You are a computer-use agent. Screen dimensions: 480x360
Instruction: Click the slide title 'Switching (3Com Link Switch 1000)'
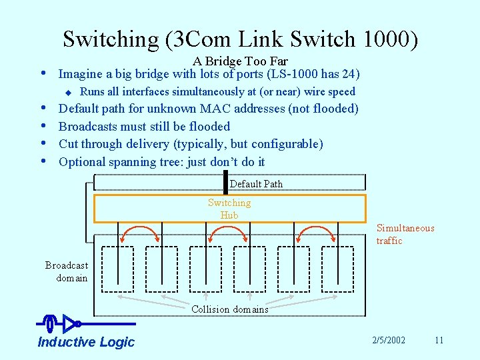pos(240,39)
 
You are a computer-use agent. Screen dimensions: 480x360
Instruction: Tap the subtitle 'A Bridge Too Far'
pos(240,61)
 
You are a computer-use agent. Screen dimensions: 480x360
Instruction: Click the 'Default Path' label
pos(256,184)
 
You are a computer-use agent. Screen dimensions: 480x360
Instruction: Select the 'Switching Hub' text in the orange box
pos(229,209)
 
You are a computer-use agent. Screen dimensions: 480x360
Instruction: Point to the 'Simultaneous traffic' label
pos(405,234)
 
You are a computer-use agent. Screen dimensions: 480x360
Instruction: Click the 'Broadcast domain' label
pos(67,271)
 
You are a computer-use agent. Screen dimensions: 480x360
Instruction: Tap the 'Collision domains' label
pos(230,309)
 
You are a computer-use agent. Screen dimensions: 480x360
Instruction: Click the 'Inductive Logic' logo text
pos(86,342)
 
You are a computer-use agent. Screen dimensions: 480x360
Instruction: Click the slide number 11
pos(439,340)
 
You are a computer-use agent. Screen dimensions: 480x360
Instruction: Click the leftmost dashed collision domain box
pos(117,269)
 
